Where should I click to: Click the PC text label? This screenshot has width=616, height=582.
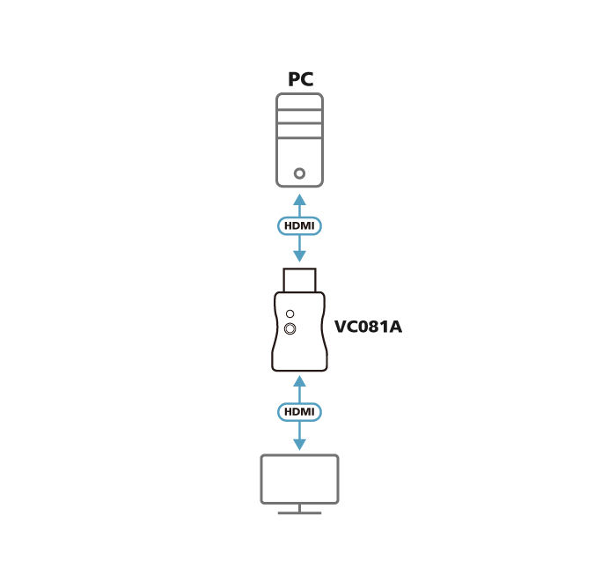click(x=301, y=79)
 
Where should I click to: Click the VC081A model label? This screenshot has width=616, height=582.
click(x=368, y=327)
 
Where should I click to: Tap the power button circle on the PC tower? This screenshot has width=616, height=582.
click(x=299, y=173)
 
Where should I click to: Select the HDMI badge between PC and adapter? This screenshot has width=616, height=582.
click(x=299, y=226)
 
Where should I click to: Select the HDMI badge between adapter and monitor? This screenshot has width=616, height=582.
click(x=299, y=412)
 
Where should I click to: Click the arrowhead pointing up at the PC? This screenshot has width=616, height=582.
click(x=299, y=199)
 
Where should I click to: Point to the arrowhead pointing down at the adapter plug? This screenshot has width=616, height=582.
click(x=299, y=256)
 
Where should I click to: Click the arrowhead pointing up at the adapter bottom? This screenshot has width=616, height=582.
click(x=299, y=380)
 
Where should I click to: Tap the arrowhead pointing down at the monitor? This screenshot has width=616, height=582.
click(x=299, y=445)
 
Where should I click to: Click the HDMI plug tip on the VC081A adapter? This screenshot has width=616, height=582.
click(x=299, y=280)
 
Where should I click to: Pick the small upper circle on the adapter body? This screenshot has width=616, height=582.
click(x=290, y=313)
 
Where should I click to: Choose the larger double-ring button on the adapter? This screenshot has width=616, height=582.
click(x=290, y=328)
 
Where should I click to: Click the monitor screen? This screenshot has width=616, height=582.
click(x=299, y=479)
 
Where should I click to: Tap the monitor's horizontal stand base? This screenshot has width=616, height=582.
click(x=299, y=512)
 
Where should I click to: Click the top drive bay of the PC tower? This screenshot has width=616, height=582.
click(x=299, y=102)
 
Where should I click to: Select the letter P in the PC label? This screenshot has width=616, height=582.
click(x=294, y=79)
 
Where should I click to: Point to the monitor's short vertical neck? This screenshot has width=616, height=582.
click(x=299, y=508)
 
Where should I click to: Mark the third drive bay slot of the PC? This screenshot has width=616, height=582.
click(x=299, y=131)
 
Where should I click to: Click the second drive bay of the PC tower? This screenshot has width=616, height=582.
click(x=299, y=117)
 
